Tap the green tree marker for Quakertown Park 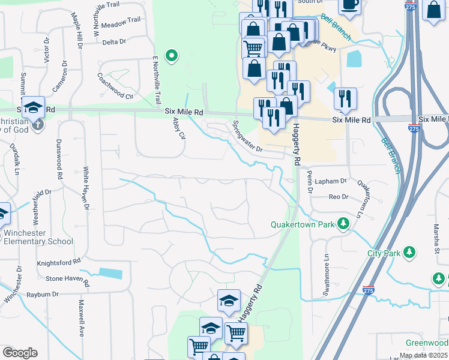(343, 224)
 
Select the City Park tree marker (409, 251)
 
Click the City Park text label (384, 253)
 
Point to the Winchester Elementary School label (38, 237)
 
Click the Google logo (20, 353)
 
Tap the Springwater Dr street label (248, 136)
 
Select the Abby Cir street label (178, 128)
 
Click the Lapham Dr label (334, 181)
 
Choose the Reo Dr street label (338, 197)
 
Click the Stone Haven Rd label (67, 280)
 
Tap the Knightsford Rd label (59, 262)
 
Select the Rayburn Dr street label (43, 295)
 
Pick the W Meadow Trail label (117, 20)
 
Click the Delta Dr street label (114, 42)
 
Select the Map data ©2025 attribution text (423, 355)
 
